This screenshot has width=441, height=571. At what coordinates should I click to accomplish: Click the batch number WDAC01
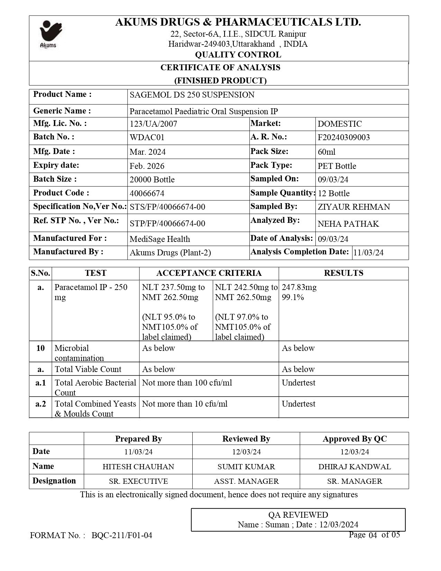[147, 137]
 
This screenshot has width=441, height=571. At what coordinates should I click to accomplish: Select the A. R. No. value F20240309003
[343, 137]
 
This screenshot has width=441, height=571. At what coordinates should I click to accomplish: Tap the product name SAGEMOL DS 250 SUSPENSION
[192, 95]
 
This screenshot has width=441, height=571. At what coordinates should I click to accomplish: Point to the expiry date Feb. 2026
[147, 166]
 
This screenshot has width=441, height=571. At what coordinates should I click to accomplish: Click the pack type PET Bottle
[337, 166]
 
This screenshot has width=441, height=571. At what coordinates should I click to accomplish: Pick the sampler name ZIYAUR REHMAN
[354, 207]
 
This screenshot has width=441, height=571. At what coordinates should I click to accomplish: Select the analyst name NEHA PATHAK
[348, 224]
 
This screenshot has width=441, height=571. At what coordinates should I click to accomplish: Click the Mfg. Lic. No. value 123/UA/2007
[153, 124]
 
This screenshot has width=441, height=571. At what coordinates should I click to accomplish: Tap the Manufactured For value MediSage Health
[160, 239]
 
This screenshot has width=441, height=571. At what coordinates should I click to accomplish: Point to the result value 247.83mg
[299, 287]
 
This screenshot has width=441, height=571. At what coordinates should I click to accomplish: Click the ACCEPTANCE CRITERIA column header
[209, 273]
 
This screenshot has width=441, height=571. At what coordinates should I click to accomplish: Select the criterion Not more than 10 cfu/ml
[185, 404]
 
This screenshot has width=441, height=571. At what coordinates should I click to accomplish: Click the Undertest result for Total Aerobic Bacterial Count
[298, 383]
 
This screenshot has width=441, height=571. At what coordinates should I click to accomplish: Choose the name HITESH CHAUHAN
[138, 466]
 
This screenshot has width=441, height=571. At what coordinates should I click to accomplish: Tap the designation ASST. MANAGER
[246, 481]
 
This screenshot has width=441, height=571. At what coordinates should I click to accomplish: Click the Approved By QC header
[355, 439]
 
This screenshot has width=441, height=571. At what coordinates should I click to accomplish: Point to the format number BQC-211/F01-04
[122, 535]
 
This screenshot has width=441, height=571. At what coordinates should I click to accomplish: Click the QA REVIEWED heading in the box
[298, 515]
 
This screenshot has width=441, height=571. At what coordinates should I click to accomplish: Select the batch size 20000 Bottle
[152, 180]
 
